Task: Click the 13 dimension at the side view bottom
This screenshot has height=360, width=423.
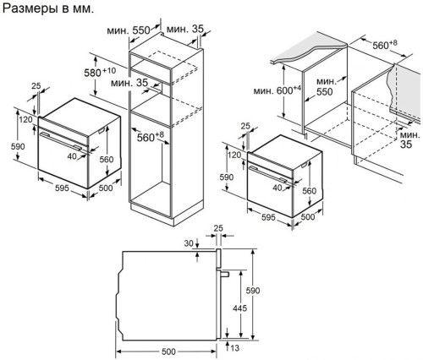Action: [x=234, y=348]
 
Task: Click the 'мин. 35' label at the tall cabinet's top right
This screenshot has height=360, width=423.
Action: [x=185, y=29]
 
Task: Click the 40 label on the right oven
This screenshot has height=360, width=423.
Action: [x=275, y=188]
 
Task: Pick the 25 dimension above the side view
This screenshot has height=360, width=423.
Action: [x=218, y=229]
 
